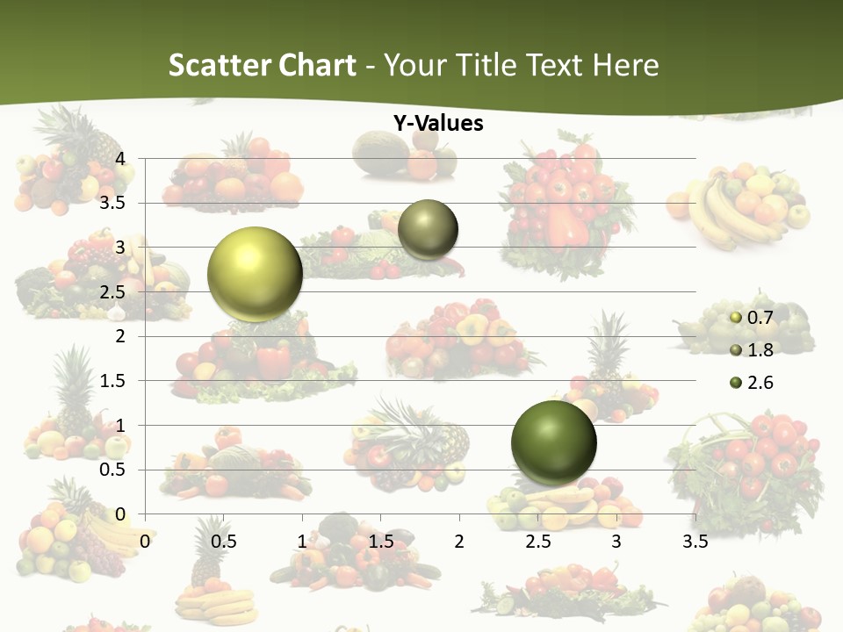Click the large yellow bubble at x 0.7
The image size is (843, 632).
pyautogui.click(x=255, y=274)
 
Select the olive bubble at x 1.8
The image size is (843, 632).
pyautogui.click(x=428, y=230)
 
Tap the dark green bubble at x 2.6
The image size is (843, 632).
pyautogui.click(x=553, y=442)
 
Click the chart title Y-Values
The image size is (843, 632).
pyautogui.click(x=438, y=124)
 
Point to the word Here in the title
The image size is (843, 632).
pyautogui.click(x=625, y=65)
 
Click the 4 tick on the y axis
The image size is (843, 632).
pyautogui.click(x=121, y=158)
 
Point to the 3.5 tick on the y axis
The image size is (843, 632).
pyautogui.click(x=114, y=203)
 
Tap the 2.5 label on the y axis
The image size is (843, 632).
pyautogui.click(x=114, y=291)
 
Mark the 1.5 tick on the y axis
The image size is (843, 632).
pyautogui.click(x=114, y=380)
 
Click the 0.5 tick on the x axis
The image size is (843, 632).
pyautogui.click(x=224, y=542)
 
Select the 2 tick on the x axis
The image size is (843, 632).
pyautogui.click(x=459, y=542)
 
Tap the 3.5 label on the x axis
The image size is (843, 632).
pyautogui.click(x=695, y=542)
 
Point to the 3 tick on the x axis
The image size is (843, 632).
pyautogui.click(x=616, y=542)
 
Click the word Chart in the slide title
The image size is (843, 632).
pyautogui.click(x=315, y=65)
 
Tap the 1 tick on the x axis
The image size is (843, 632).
pyautogui.click(x=302, y=542)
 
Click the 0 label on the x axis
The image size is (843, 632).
pyautogui.click(x=145, y=542)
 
